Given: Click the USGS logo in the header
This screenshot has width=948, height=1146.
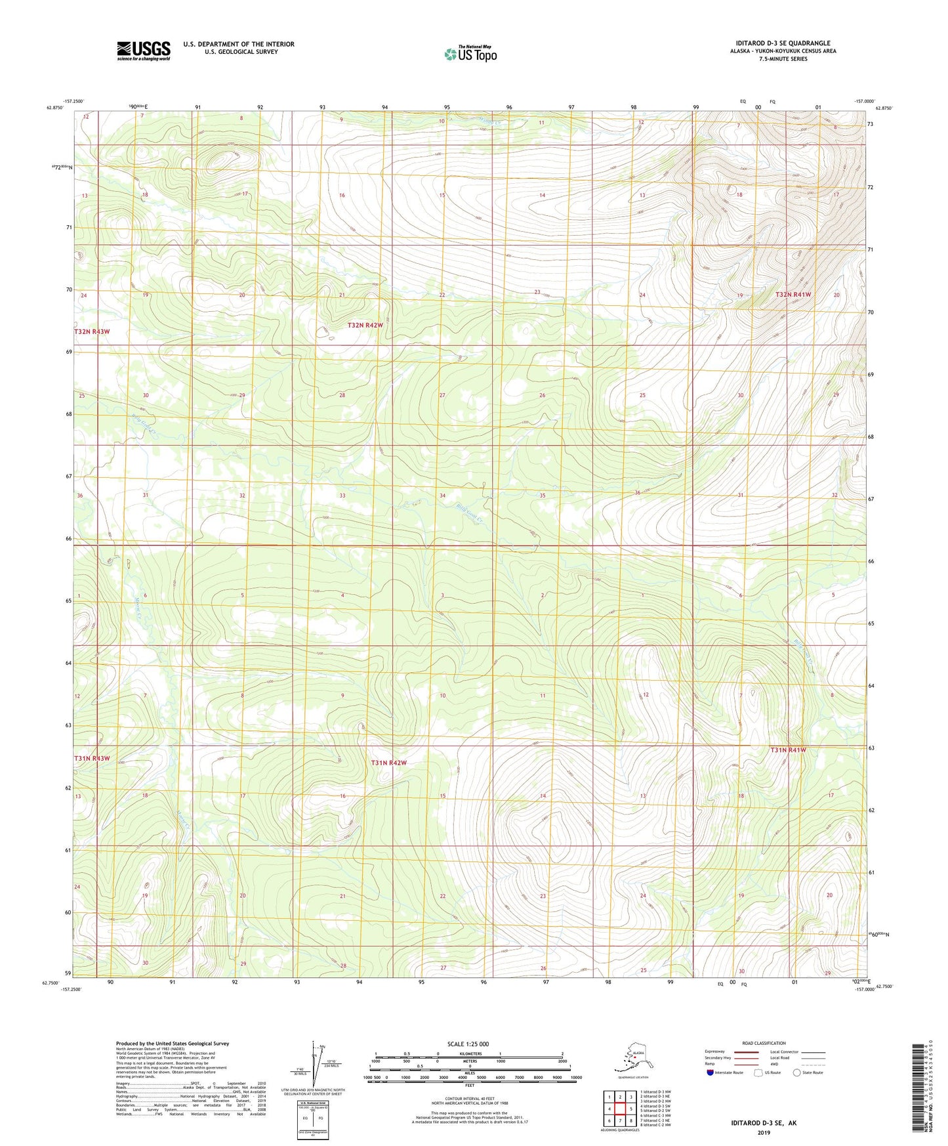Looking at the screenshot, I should point(143,51).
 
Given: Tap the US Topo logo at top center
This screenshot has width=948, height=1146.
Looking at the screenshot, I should point(470,53).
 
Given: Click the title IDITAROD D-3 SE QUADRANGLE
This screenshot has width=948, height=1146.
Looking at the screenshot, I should point(783,43).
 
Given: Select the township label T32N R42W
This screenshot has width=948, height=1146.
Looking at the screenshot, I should point(365,326).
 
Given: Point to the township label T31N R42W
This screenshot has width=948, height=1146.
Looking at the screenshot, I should point(388,763).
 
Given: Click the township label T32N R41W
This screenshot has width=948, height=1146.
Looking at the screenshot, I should point(793,295).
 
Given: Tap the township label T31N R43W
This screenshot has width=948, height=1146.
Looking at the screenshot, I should point(92,758).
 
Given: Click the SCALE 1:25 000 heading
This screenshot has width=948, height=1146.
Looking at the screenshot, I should point(469,1044).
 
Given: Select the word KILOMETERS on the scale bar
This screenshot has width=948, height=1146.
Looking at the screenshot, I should point(469,1054).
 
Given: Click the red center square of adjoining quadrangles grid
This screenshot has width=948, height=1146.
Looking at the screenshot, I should point(620,1109).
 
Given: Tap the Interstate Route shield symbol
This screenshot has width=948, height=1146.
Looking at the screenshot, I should point(711,1072).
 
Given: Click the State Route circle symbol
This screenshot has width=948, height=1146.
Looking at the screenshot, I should point(796,1072).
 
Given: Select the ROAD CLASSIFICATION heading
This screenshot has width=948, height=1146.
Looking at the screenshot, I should point(764,1043).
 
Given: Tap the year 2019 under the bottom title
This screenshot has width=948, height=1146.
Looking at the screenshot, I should point(764,1132).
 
